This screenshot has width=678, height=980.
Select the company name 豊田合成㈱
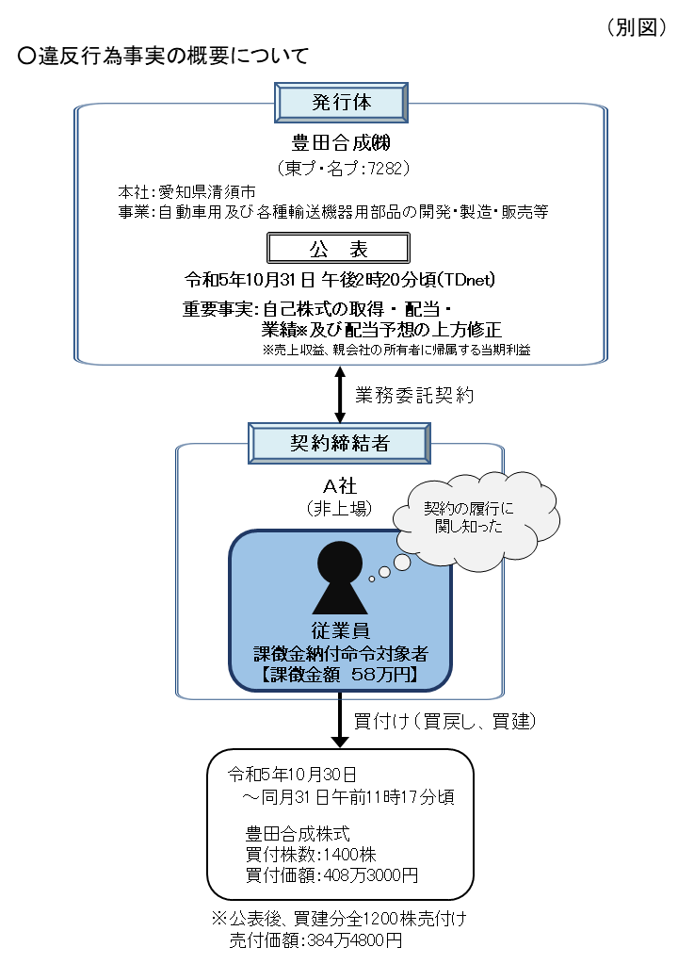[x=340, y=143]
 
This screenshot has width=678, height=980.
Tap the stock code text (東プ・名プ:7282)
[x=340, y=169]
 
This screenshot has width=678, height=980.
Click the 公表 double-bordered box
[x=340, y=248]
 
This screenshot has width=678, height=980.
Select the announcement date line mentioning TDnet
[x=340, y=280]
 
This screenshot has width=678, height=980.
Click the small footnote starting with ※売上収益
[x=396, y=350]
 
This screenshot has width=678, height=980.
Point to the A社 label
[x=340, y=485]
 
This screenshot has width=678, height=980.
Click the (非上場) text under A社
[x=340, y=508]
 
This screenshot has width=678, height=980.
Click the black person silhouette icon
[x=340, y=579]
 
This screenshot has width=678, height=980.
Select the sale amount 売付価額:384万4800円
[x=315, y=940]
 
